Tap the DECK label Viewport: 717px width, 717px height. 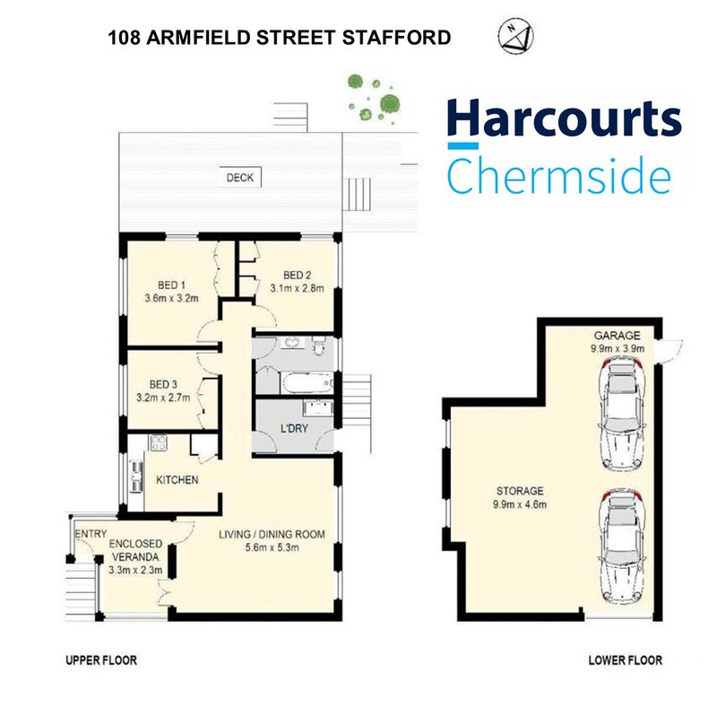239,178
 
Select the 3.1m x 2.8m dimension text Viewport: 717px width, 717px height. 296,288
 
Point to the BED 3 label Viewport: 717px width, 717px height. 165,380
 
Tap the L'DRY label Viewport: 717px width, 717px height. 295,429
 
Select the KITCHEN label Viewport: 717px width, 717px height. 177,480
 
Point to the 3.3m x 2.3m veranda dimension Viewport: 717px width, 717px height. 134,569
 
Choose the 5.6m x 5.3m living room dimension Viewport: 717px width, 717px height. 272,548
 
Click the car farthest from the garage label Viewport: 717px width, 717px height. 619,548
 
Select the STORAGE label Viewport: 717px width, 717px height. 520,491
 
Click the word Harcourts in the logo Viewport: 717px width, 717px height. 564,122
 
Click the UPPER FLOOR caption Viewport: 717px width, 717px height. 100,660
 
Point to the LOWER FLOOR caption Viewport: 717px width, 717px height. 625,660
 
